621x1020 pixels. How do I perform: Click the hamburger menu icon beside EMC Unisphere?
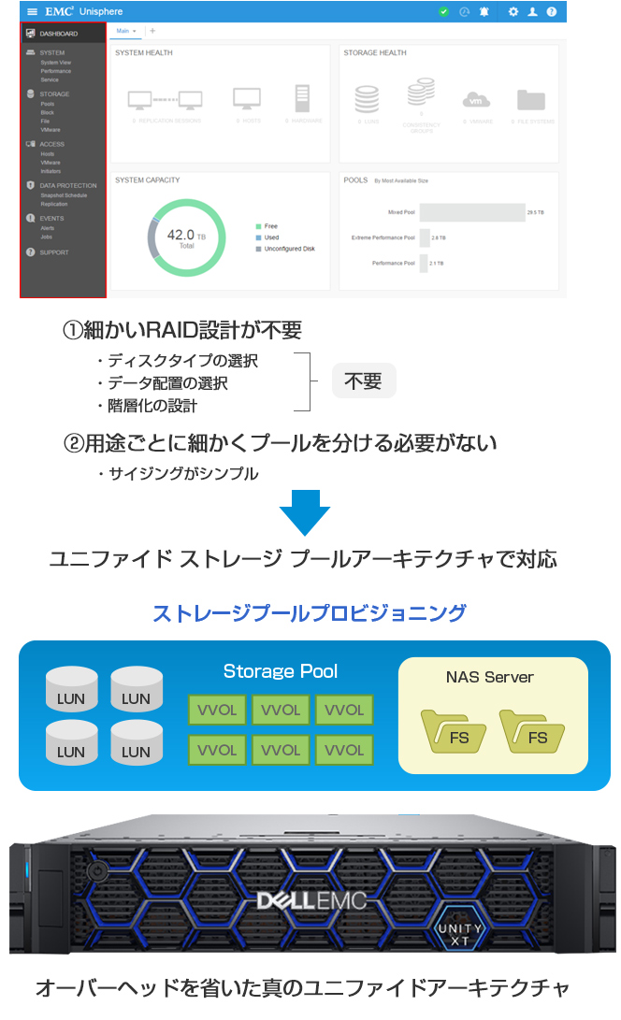(x=33, y=11)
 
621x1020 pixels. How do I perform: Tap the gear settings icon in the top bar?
(x=513, y=11)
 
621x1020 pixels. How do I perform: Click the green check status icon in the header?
(x=443, y=11)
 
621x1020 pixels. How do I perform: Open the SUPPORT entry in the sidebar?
(x=53, y=252)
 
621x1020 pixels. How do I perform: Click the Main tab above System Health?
(x=124, y=31)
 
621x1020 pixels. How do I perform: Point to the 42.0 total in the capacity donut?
(x=181, y=236)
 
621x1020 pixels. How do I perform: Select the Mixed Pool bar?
(x=471, y=212)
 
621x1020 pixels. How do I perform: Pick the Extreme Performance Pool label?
(x=383, y=237)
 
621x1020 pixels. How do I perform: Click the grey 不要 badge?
(x=363, y=381)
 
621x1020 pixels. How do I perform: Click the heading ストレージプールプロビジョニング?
(x=309, y=613)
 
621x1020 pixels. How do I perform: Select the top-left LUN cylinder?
(x=71, y=691)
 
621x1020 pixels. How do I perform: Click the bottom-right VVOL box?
(x=343, y=750)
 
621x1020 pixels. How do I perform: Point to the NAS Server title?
(x=491, y=676)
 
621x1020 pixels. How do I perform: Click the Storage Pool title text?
(x=281, y=671)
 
